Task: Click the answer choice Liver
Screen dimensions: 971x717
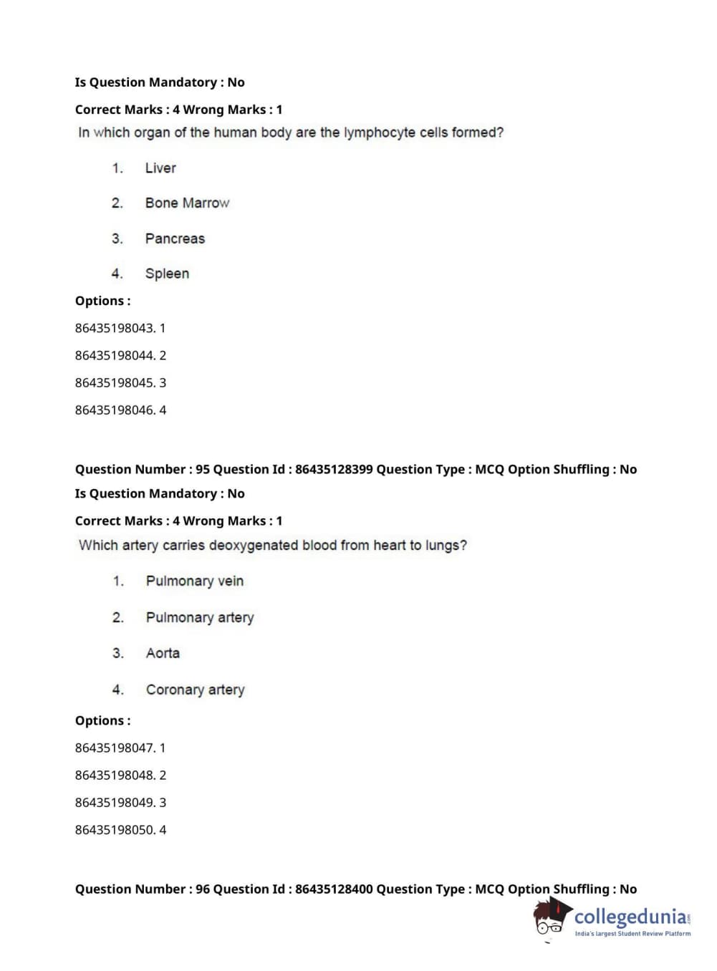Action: (x=160, y=168)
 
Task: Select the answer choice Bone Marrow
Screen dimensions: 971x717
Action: (x=187, y=203)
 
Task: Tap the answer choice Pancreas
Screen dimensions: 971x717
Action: (x=175, y=238)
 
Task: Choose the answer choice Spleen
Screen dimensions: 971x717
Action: (x=167, y=274)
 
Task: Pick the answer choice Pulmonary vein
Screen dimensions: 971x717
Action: (x=195, y=581)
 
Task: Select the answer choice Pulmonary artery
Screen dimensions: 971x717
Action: (x=200, y=617)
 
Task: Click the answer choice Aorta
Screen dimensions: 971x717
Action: (x=163, y=653)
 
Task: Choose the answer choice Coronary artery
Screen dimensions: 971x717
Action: (x=195, y=690)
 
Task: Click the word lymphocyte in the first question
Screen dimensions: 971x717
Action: (x=380, y=132)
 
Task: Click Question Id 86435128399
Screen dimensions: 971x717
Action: (x=334, y=470)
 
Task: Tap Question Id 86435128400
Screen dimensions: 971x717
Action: (x=334, y=889)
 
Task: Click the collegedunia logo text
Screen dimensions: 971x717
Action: (x=630, y=917)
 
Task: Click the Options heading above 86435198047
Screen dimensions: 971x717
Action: (x=102, y=721)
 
